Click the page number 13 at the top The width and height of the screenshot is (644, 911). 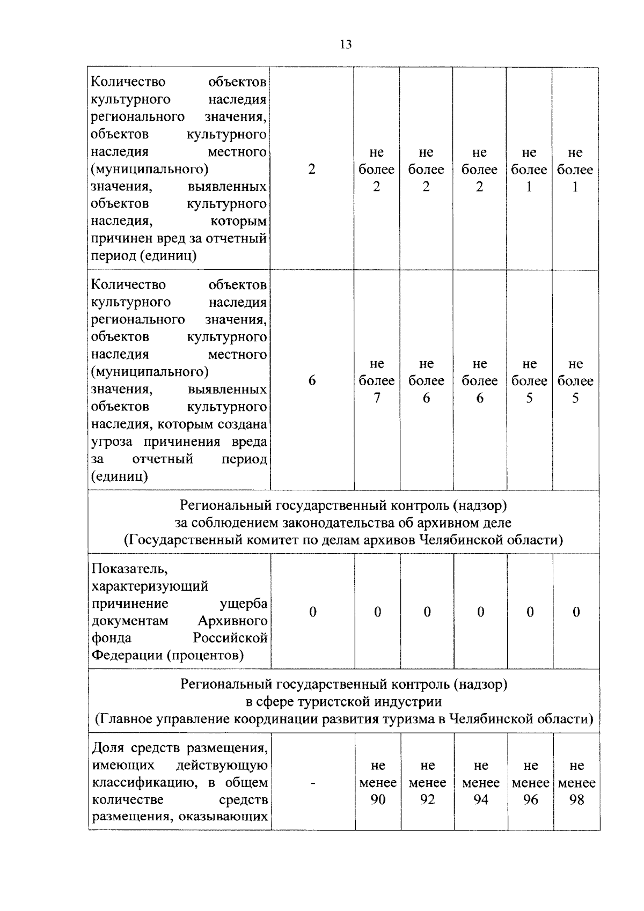346,45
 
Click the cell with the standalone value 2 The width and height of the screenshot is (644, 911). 311,170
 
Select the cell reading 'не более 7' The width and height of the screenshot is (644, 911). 377,381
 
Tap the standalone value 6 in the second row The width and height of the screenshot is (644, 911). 312,381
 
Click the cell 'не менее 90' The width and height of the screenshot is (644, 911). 378,783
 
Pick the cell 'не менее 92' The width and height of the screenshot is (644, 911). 427,783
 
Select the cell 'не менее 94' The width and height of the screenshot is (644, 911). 481,783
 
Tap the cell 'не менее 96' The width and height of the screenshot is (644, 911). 530,783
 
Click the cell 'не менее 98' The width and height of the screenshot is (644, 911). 576,783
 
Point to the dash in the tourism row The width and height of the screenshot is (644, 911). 312,783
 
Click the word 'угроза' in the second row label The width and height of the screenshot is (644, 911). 114,442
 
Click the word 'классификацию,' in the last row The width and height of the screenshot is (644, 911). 140,783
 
